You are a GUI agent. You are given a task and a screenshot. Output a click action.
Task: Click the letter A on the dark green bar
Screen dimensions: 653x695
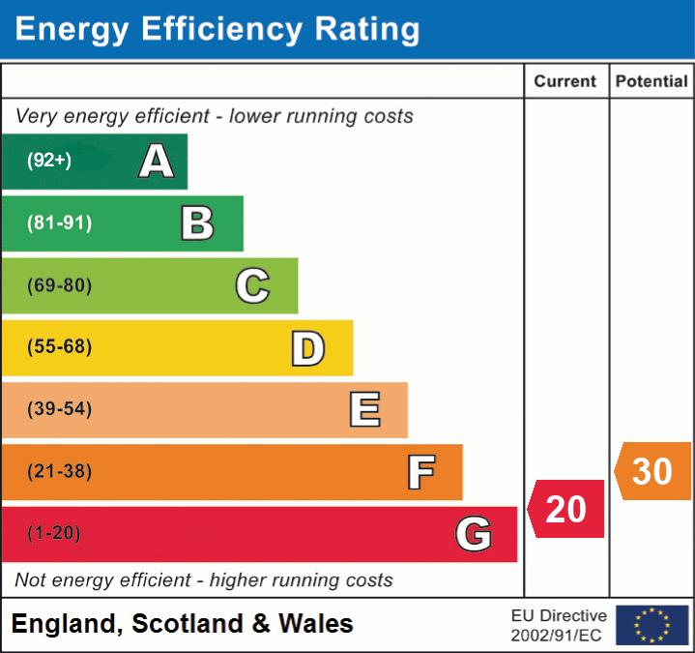[157, 162]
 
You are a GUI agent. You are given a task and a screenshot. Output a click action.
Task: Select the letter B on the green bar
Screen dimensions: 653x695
[197, 223]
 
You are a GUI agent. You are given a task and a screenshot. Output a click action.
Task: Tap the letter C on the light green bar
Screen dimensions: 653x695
[252, 285]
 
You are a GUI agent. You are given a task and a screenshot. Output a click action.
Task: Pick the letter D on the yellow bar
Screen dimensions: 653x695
[307, 348]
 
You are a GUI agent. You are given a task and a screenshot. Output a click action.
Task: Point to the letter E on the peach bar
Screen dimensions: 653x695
[364, 410]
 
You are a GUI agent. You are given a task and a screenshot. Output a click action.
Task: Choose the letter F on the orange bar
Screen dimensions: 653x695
[420, 472]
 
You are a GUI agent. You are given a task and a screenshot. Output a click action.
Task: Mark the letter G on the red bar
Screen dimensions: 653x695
[474, 534]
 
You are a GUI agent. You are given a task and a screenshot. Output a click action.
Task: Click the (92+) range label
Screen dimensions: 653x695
[49, 161]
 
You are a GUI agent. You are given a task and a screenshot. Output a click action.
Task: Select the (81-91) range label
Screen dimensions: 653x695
[60, 223]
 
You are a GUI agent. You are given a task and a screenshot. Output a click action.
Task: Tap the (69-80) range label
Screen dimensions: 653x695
[60, 285]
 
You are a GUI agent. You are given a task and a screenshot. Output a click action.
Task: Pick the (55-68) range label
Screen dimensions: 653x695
[60, 347]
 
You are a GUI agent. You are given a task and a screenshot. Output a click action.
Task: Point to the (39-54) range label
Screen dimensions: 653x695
[60, 409]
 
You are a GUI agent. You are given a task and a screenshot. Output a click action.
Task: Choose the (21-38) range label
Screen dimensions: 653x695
[60, 471]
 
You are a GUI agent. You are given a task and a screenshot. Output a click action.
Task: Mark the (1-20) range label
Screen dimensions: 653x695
[54, 533]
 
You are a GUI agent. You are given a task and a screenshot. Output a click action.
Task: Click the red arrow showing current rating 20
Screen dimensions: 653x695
[566, 509]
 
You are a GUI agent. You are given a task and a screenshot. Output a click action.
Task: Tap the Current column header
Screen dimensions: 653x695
[566, 82]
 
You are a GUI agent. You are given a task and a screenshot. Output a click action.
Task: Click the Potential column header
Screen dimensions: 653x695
[652, 82]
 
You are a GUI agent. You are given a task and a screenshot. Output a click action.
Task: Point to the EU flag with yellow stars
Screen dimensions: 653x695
[652, 625]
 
